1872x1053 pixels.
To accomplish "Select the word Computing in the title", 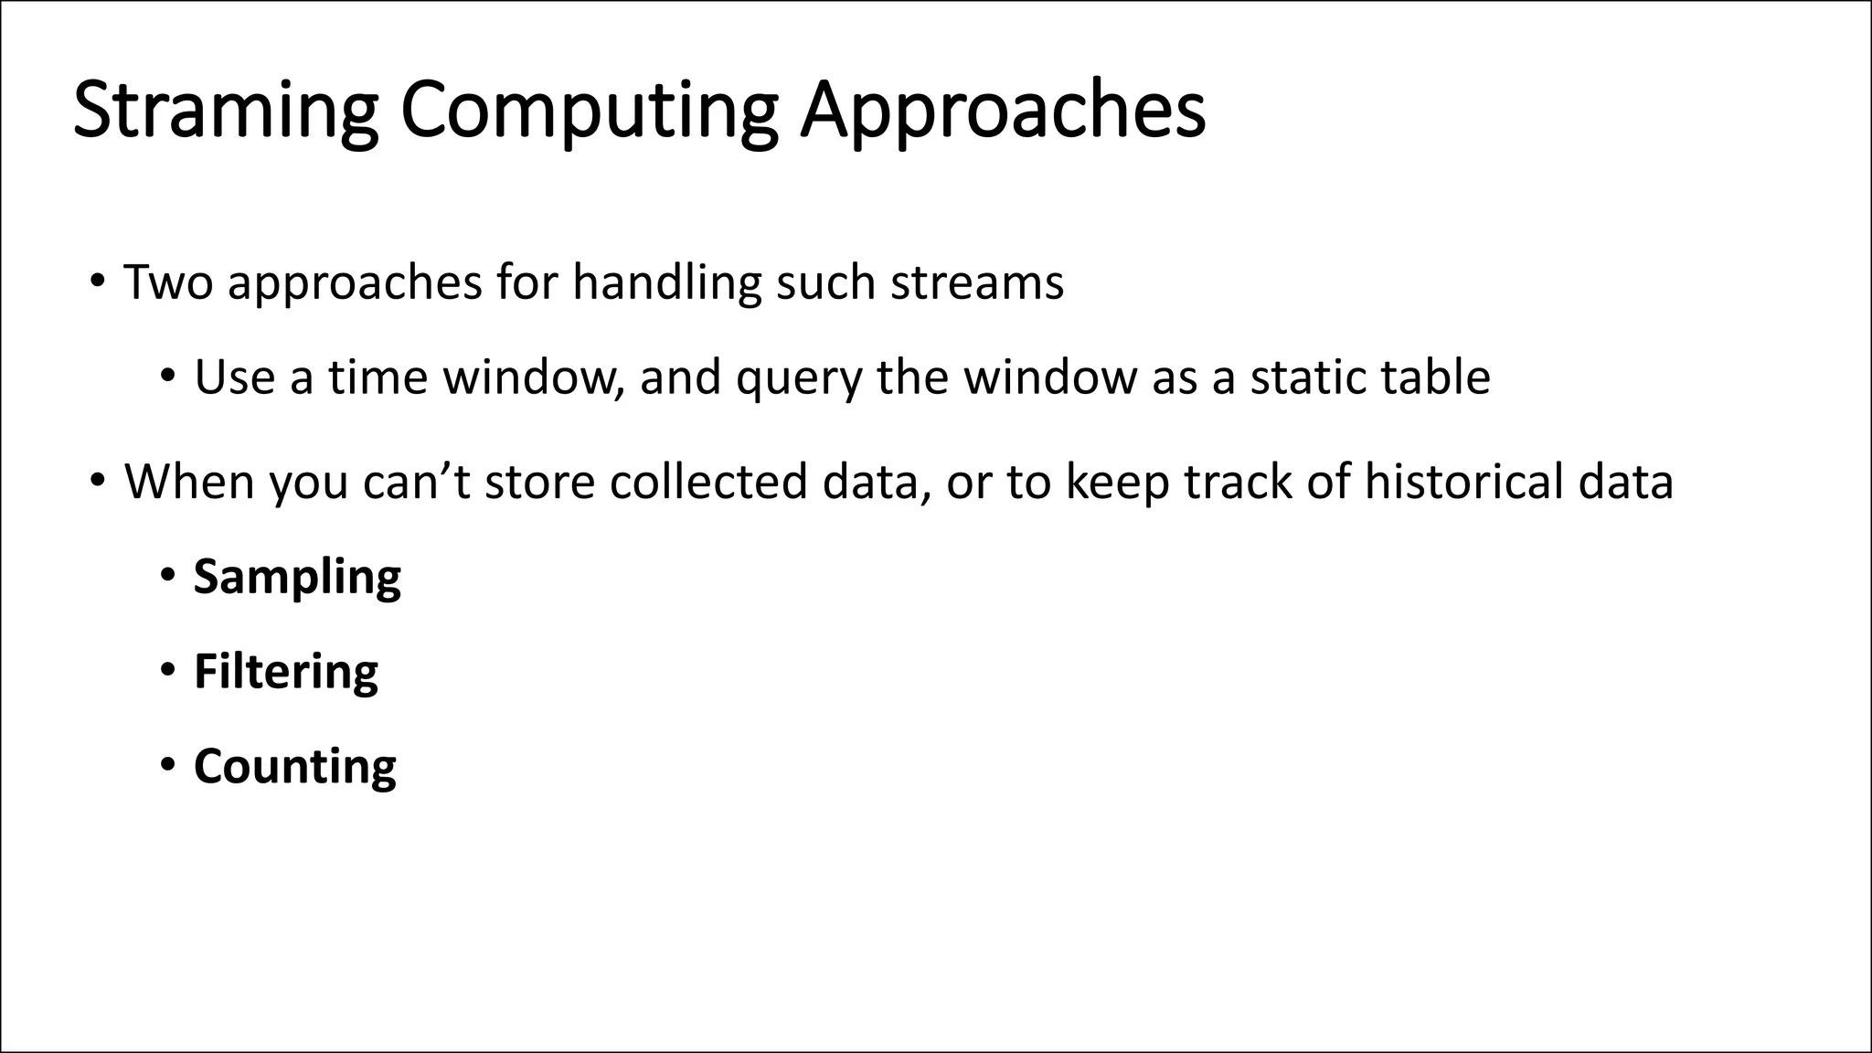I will click(x=589, y=112).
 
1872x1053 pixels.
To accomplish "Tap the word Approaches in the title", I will click(x=1003, y=112).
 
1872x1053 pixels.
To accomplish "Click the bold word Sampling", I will click(x=297, y=578).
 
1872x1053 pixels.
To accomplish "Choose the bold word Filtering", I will click(x=285, y=672).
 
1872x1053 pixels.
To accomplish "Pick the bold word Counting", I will click(x=294, y=766).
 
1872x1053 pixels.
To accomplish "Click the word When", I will click(x=189, y=482).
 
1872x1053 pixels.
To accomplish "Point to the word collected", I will click(x=708, y=482).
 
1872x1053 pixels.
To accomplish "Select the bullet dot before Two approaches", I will click(x=98, y=280).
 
